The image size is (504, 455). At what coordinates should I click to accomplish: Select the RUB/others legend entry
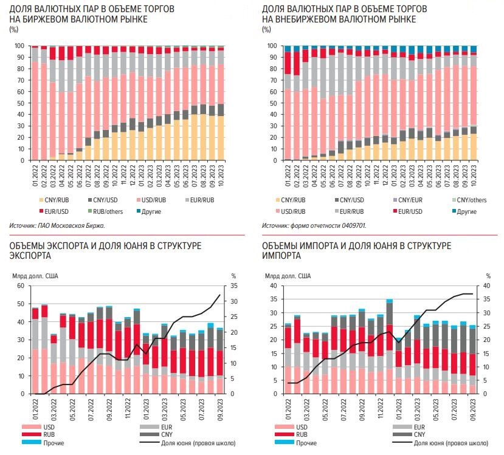(109, 211)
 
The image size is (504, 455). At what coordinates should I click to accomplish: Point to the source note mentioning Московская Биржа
(57, 225)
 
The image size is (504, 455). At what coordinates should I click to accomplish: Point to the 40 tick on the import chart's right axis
(485, 286)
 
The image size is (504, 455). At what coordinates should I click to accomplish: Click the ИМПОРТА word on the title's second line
(281, 255)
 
